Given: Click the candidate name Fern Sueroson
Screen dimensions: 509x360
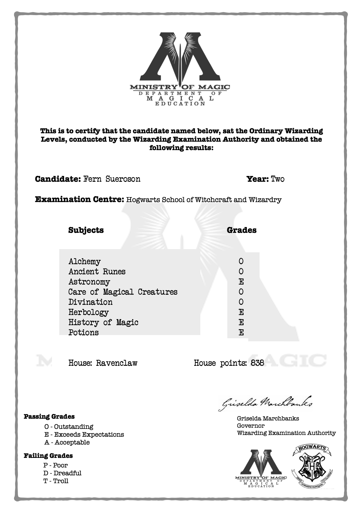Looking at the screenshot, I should pyautogui.click(x=112, y=179).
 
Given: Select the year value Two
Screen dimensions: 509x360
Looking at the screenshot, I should pyautogui.click(x=278, y=179).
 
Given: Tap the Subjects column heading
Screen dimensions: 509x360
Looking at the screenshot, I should pyautogui.click(x=86, y=230).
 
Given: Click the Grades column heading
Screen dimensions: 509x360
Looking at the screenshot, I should pyautogui.click(x=242, y=230).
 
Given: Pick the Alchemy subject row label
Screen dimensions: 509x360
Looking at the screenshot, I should pyautogui.click(x=84, y=261).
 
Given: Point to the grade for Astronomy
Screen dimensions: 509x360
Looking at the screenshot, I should pyautogui.click(x=241, y=282).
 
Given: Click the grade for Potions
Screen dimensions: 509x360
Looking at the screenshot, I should pyautogui.click(x=241, y=332).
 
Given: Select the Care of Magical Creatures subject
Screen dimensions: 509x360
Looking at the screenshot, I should pyautogui.click(x=123, y=292).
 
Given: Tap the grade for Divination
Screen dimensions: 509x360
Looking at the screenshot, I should pyautogui.click(x=241, y=302).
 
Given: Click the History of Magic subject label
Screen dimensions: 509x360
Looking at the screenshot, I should pyautogui.click(x=103, y=322).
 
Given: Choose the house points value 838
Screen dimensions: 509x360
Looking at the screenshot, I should pyautogui.click(x=257, y=363).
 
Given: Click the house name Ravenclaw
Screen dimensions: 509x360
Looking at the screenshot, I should pyautogui.click(x=116, y=363).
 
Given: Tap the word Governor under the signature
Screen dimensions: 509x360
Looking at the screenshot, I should pyautogui.click(x=251, y=426).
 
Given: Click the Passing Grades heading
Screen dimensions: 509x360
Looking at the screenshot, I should pyautogui.click(x=49, y=416).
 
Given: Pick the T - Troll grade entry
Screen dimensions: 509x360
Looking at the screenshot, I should pyautogui.click(x=56, y=481).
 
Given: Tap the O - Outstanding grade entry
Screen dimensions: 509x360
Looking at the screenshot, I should pyautogui.click(x=69, y=427).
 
